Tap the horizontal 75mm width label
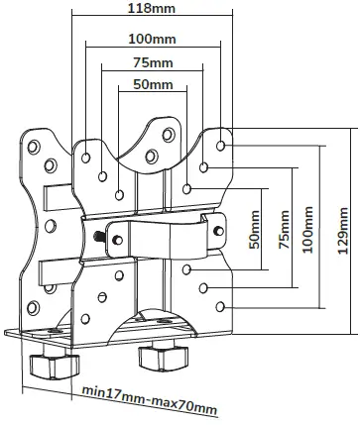click(x=152, y=62)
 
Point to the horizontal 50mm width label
click(x=152, y=87)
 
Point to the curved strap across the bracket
click(x=159, y=238)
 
